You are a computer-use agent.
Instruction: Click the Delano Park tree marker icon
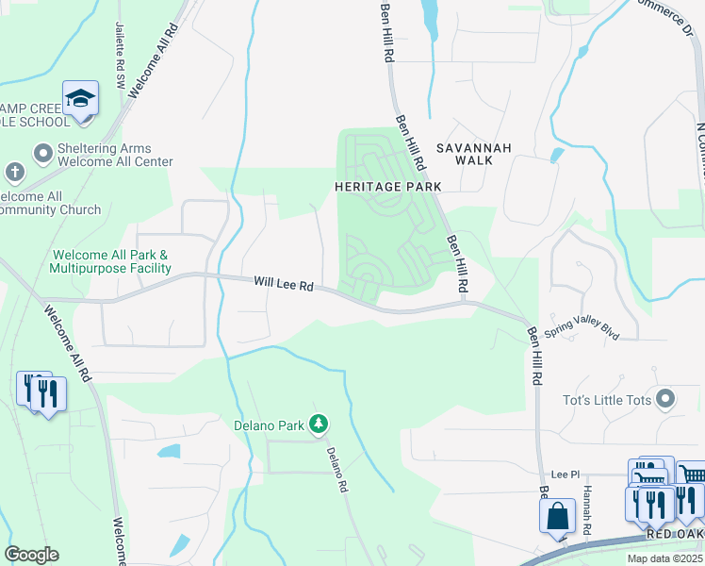pyautogui.click(x=319, y=424)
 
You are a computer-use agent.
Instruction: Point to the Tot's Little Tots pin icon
pyautogui.click(x=666, y=400)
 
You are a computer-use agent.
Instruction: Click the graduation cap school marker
pyautogui.click(x=81, y=98)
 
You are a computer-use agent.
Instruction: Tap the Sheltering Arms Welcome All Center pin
pyautogui.click(x=42, y=153)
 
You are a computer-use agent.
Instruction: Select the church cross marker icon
pyautogui.click(x=14, y=172)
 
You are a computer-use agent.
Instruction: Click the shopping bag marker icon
pyautogui.click(x=557, y=516)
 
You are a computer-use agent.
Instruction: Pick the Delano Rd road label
pyautogui.click(x=337, y=471)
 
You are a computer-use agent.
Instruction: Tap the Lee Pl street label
pyautogui.click(x=563, y=477)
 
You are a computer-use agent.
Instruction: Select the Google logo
pyautogui.click(x=31, y=555)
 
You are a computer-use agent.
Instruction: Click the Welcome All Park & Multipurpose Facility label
pyautogui.click(x=112, y=261)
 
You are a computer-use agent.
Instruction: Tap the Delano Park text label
pyautogui.click(x=269, y=425)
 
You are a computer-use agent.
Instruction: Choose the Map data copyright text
pyautogui.click(x=665, y=558)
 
